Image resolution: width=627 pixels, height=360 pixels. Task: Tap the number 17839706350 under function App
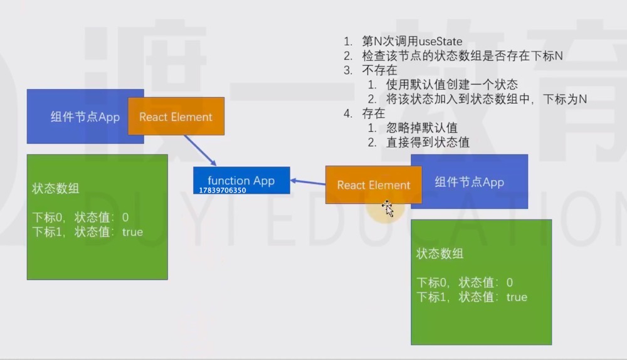pyautogui.click(x=223, y=189)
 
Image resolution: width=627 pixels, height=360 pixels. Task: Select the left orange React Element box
pyautogui.click(x=176, y=117)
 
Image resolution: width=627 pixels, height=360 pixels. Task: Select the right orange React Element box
pyautogui.click(x=373, y=185)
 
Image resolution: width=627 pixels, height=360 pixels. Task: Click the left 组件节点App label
pyautogui.click(x=85, y=117)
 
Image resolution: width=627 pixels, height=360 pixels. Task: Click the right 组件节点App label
pyautogui.click(x=470, y=183)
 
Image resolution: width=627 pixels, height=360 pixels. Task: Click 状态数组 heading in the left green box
pyautogui.click(x=55, y=189)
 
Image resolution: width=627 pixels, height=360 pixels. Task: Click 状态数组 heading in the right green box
pyautogui.click(x=440, y=254)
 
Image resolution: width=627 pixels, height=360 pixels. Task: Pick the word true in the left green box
pyautogui.click(x=132, y=232)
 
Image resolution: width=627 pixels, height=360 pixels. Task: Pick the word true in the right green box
pyautogui.click(x=517, y=297)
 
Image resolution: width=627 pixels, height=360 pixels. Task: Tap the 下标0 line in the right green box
pyautogui.click(x=465, y=282)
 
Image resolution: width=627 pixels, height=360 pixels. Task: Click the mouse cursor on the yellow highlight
pyautogui.click(x=387, y=209)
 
